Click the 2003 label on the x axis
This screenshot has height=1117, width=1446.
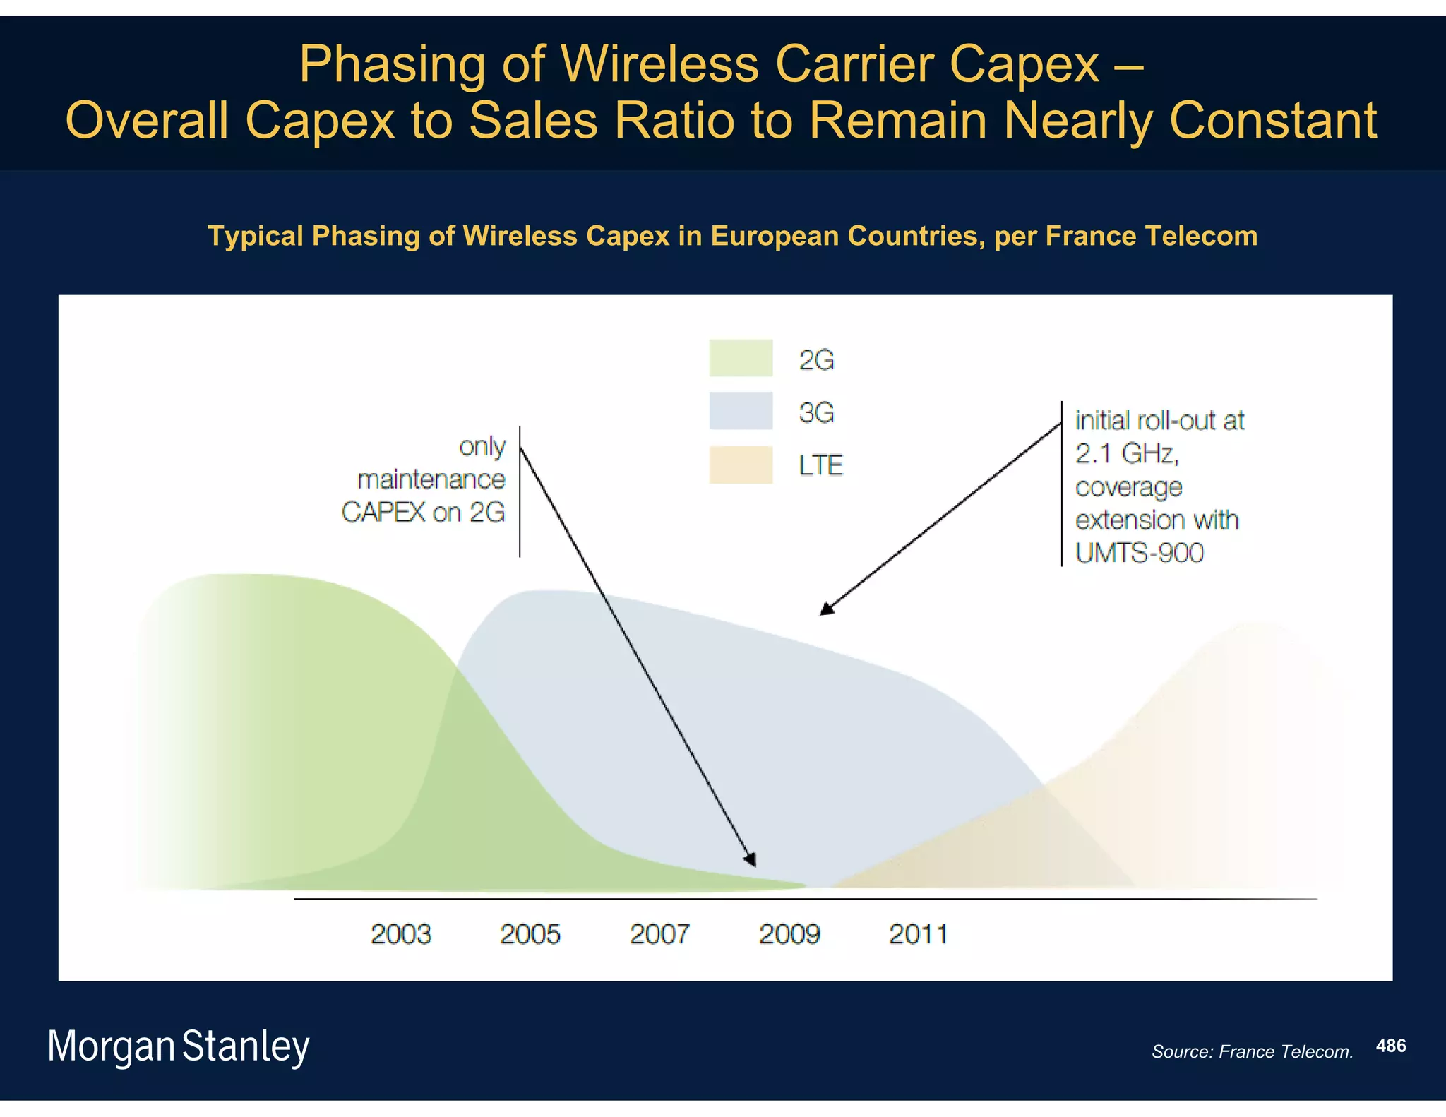tap(400, 934)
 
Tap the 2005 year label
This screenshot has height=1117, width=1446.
tap(530, 934)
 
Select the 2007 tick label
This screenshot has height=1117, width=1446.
tap(659, 934)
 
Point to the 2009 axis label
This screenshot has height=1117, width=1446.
tap(789, 934)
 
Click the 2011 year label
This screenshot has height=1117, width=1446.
tap(918, 934)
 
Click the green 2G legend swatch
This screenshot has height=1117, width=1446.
tap(741, 358)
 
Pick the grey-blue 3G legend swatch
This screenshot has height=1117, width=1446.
tap(741, 411)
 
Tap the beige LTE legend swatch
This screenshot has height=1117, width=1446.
tap(741, 465)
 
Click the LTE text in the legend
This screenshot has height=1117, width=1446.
tap(820, 465)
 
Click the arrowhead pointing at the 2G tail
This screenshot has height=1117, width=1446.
tap(751, 859)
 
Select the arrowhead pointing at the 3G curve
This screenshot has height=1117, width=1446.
tap(827, 609)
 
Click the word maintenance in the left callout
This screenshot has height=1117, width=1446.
tap(431, 479)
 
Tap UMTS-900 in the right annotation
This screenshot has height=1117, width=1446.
tap(1139, 552)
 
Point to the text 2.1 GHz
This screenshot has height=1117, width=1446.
tap(1126, 453)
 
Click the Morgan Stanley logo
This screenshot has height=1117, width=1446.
tap(178, 1046)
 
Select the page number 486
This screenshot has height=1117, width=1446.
tap(1390, 1046)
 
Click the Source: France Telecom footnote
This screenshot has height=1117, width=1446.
tap(1252, 1051)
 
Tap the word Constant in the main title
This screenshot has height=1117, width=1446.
tap(1273, 120)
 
